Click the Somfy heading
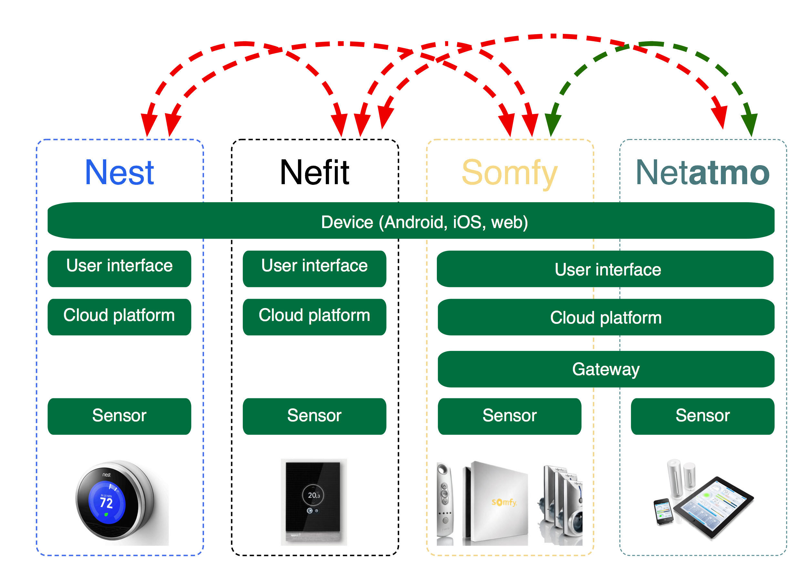(510, 173)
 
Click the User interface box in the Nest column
(119, 268)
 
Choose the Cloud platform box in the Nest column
(119, 316)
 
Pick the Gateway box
(606, 369)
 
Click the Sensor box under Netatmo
(702, 416)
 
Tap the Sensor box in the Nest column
(119, 416)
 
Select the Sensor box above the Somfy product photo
(510, 416)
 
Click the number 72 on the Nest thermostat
(106, 503)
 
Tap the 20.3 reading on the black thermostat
(314, 495)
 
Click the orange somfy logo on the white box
(504, 502)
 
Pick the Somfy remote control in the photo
(445, 500)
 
